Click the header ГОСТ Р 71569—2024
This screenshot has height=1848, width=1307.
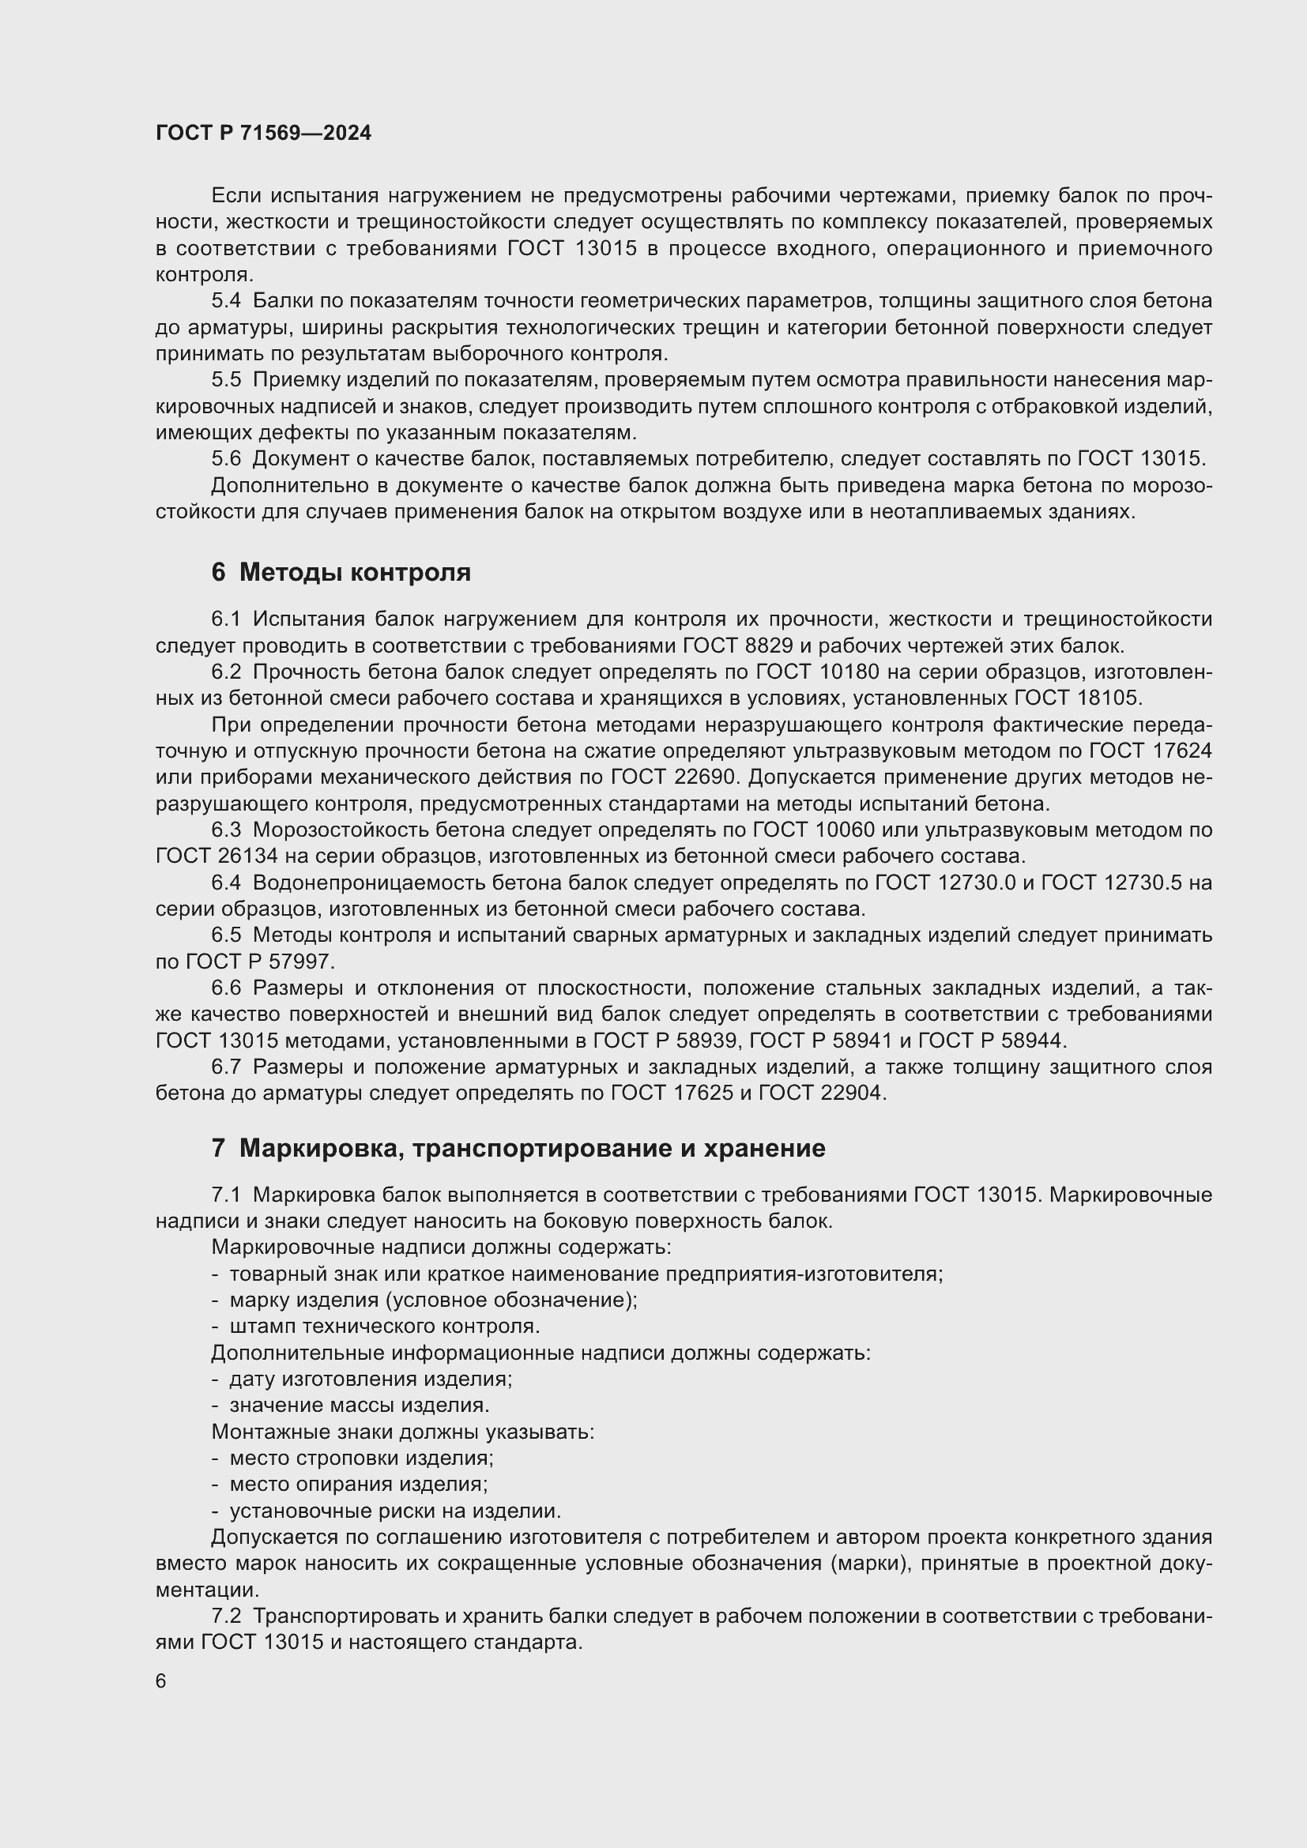click(x=263, y=134)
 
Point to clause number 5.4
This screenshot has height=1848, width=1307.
click(x=226, y=301)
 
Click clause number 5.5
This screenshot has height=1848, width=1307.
click(x=226, y=380)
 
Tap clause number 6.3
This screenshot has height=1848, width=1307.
click(x=226, y=830)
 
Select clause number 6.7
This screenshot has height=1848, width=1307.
click(x=226, y=1067)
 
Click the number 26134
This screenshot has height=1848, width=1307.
click(x=248, y=856)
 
